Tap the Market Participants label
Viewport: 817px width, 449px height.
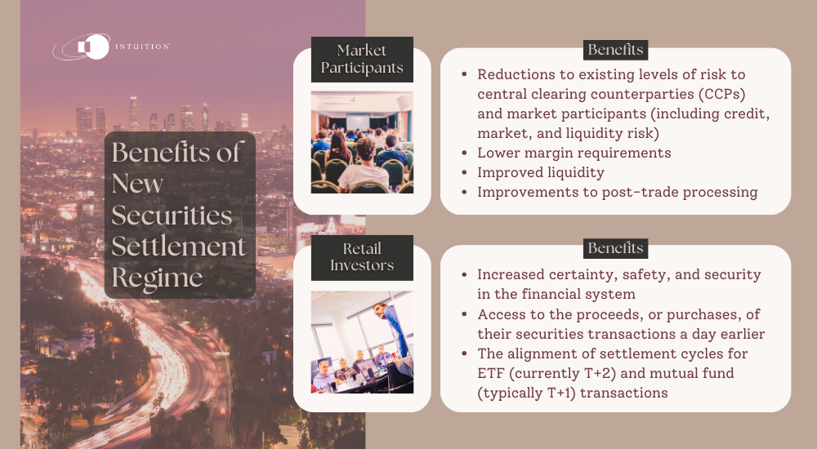[362, 59]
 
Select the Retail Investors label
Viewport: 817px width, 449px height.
[362, 257]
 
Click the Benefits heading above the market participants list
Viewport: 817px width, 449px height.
[615, 50]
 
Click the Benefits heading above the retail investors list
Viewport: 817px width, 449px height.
[615, 247]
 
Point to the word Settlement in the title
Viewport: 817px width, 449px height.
[179, 247]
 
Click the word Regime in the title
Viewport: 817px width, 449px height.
[157, 278]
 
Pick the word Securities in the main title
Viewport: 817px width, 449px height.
[172, 215]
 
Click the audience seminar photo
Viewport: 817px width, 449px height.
[362, 142]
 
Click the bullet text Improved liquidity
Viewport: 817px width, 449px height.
[542, 172]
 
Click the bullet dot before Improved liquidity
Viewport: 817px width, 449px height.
[464, 173]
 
